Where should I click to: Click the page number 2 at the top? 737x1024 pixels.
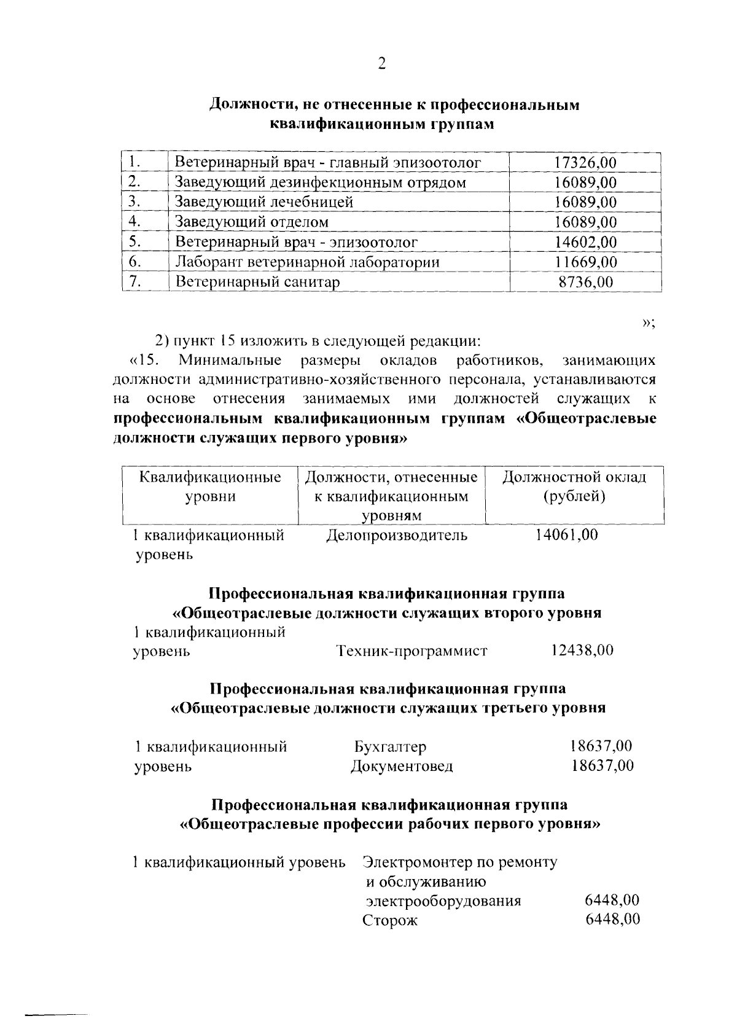pyautogui.click(x=381, y=64)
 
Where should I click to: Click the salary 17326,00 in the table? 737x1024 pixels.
pyautogui.click(x=585, y=163)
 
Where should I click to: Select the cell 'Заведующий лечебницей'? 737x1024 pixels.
pyautogui.click(x=263, y=202)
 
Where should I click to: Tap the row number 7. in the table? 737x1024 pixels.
pyautogui.click(x=137, y=282)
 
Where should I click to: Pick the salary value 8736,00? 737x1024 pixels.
pyautogui.click(x=585, y=282)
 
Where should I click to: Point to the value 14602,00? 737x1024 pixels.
pyautogui.click(x=585, y=242)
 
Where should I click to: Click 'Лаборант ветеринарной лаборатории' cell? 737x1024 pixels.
pyautogui.click(x=307, y=262)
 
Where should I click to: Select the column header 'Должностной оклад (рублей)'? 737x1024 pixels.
pyautogui.click(x=574, y=487)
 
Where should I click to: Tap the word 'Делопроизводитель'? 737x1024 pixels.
pyautogui.click(x=396, y=535)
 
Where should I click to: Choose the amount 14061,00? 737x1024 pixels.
pyautogui.click(x=566, y=534)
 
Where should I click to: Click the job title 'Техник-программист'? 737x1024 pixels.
pyautogui.click(x=411, y=651)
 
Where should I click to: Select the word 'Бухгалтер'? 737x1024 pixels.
pyautogui.click(x=390, y=747)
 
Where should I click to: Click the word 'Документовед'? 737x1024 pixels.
pyautogui.click(x=402, y=766)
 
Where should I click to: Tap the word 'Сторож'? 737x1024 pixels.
pyautogui.click(x=389, y=921)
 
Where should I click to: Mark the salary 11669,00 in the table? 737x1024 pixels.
pyautogui.click(x=585, y=262)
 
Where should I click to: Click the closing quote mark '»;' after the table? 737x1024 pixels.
pyautogui.click(x=649, y=323)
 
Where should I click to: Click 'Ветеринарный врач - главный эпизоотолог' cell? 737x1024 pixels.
pyautogui.click(x=327, y=163)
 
